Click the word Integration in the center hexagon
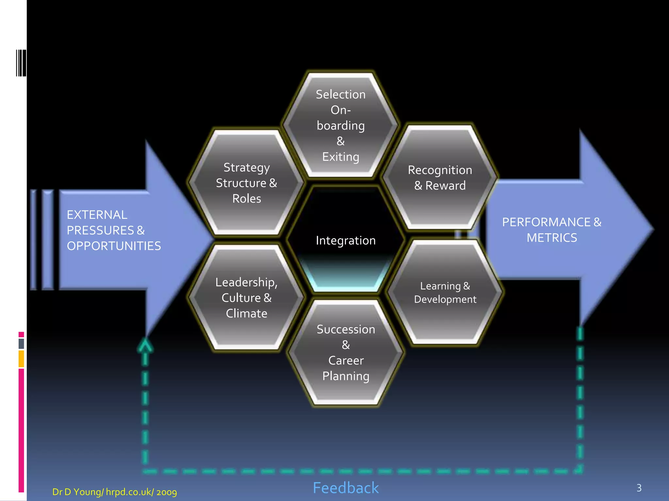click(346, 241)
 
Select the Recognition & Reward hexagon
click(440, 178)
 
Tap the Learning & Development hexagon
click(445, 293)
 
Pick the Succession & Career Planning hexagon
click(346, 353)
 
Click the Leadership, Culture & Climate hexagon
click(246, 297)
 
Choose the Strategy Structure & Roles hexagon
click(246, 183)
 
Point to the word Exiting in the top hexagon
click(340, 157)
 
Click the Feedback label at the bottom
click(346, 488)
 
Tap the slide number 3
click(639, 488)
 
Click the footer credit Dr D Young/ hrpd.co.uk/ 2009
click(114, 492)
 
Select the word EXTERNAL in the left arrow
click(97, 215)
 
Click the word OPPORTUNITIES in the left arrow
click(114, 246)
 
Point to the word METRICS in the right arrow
click(552, 238)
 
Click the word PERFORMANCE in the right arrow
click(546, 222)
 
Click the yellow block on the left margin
click(21, 359)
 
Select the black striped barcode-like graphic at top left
click(21, 63)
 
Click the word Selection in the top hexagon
click(340, 94)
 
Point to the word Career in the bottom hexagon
click(346, 360)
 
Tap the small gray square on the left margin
click(21, 343)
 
